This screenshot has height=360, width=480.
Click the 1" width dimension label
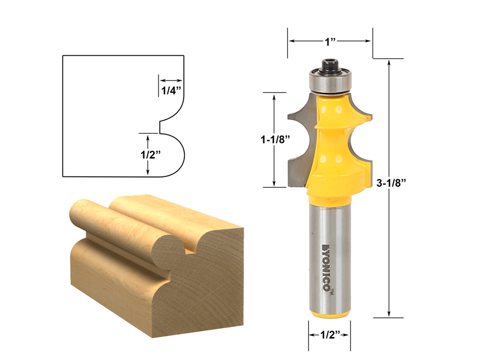click(x=329, y=42)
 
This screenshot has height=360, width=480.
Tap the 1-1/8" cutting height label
click(x=275, y=139)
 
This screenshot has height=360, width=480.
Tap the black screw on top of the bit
click(x=329, y=65)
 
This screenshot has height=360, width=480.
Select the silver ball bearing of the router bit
click(x=329, y=82)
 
